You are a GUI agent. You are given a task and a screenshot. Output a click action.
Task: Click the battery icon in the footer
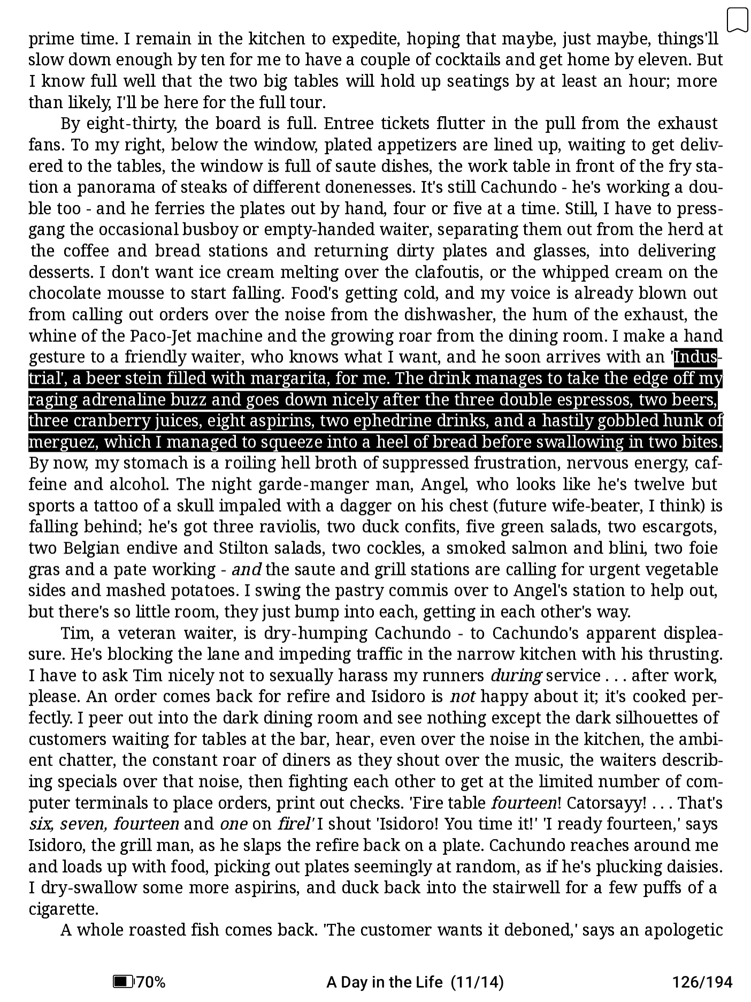point(123,982)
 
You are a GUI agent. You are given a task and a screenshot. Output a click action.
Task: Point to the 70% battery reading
point(151,982)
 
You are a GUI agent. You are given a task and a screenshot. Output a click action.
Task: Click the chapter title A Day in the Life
point(384,982)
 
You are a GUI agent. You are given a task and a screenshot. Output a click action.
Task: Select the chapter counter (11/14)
point(477,982)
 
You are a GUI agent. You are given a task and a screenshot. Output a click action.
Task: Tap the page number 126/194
point(702,982)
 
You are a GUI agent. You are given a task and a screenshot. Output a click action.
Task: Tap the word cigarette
point(63,909)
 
